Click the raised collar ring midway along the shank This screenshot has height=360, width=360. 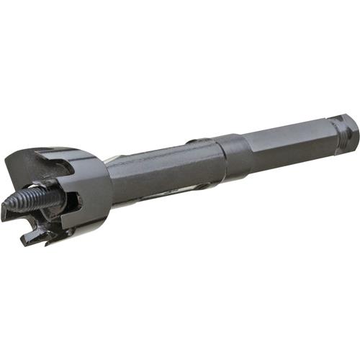pos(234,154)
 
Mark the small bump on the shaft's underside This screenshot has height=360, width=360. pos(202,186)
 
